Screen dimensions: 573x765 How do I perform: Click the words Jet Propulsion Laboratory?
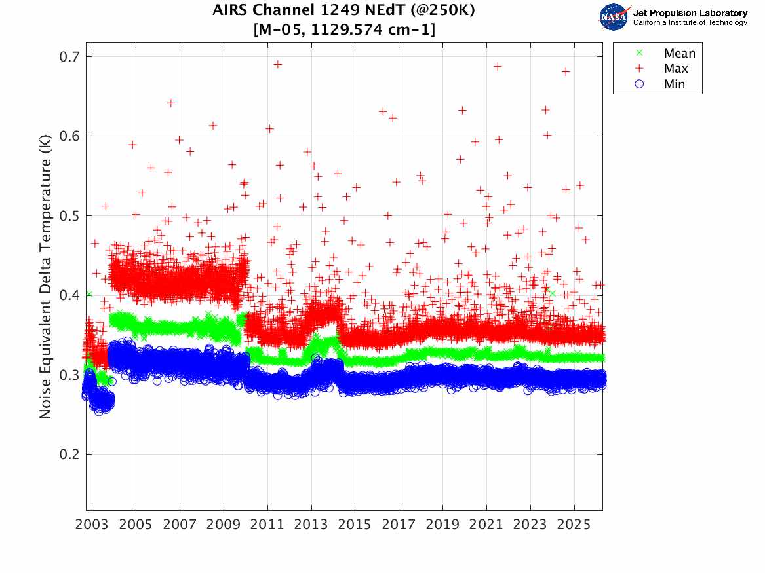pos(690,13)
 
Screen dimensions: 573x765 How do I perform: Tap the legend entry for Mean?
pos(679,54)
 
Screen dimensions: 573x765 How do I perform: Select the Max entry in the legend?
pos(676,69)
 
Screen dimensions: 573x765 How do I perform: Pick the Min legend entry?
pos(675,84)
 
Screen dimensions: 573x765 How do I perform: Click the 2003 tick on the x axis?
pos(92,525)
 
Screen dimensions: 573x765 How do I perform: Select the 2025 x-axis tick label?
pos(574,525)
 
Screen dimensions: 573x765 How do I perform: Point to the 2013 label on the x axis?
pos(311,525)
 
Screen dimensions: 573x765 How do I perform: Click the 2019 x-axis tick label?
pos(442,525)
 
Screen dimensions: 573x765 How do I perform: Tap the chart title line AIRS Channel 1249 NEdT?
pos(343,11)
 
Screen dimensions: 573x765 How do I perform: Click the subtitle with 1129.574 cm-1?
pos(343,29)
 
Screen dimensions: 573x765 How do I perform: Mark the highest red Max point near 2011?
pos(277,64)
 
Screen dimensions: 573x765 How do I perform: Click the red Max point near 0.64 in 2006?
pos(171,103)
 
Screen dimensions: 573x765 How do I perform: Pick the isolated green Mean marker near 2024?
pos(552,293)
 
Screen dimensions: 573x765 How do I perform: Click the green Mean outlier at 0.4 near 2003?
pos(89,294)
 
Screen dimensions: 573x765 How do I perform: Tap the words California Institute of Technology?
pos(690,23)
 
